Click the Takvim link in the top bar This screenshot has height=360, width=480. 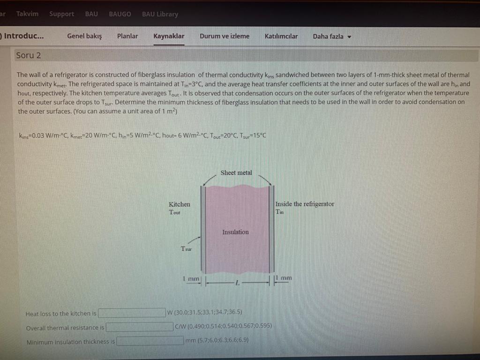point(27,14)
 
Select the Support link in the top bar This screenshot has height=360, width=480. point(61,14)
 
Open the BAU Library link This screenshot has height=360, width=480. point(160,14)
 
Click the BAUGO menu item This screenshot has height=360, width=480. point(120,14)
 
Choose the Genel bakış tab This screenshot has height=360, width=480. point(84,36)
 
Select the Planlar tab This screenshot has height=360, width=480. point(127,36)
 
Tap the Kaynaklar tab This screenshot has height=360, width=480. point(169,36)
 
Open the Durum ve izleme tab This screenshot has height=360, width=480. point(225,36)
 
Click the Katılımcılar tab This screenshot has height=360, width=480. point(281,36)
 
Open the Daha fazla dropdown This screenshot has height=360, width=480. point(332,36)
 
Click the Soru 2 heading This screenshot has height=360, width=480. point(29,55)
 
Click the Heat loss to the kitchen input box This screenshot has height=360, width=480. point(132,313)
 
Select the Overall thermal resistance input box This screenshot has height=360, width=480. point(139,327)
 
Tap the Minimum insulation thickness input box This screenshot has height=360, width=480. point(150,341)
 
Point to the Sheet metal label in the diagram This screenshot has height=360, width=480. point(236,172)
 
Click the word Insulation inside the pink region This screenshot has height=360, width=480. point(235,232)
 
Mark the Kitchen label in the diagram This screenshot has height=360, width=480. point(180,204)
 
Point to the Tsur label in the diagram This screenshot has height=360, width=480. point(186,248)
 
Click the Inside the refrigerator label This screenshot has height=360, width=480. point(305,204)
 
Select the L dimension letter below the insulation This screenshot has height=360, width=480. point(238,283)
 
